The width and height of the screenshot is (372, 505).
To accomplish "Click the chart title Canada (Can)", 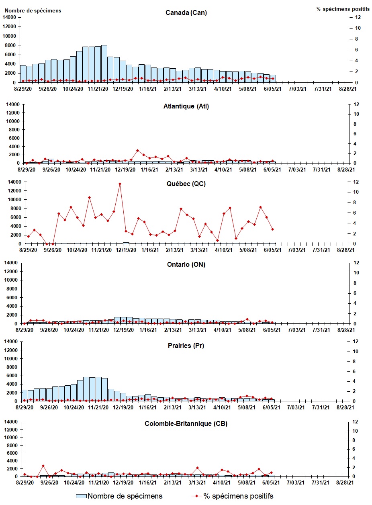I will [186, 12].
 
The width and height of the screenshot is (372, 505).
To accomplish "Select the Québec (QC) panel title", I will [186, 184].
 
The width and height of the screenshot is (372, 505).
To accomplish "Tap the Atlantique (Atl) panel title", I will [186, 106].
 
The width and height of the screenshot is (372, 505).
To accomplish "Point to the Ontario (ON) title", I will [186, 265].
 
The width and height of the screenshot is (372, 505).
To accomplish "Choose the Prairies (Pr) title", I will [186, 346].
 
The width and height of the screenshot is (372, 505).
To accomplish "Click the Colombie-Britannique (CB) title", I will [186, 424].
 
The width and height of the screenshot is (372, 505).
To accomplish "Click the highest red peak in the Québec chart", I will [120, 184].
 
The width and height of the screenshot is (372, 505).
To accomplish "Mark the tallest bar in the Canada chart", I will [104, 63].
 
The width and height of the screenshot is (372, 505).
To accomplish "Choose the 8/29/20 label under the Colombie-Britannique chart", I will [24, 483].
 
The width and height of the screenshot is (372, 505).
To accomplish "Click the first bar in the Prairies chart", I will [24, 395].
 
